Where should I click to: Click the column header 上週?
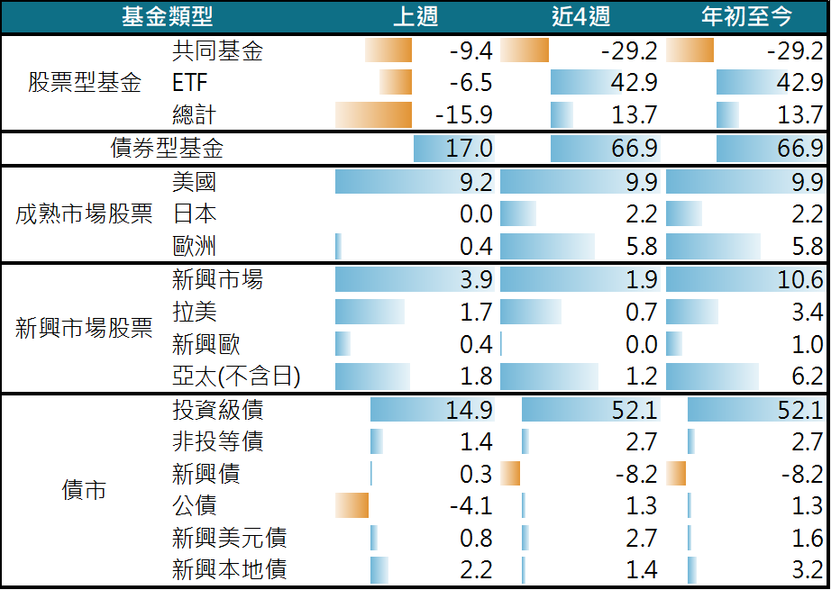tap(415, 16)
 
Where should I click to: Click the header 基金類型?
tap(167, 16)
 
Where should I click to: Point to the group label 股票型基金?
tap(85, 84)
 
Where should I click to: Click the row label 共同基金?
tap(217, 51)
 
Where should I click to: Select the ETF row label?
tap(189, 84)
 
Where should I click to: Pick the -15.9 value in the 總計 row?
tap(463, 115)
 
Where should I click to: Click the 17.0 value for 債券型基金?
tap(470, 149)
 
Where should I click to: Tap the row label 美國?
tap(194, 182)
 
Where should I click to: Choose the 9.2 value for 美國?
tap(475, 183)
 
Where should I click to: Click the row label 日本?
tap(194, 214)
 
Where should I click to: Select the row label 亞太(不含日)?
tap(235, 377)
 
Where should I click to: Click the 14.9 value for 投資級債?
tap(470, 411)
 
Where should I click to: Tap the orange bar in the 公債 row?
tap(352, 506)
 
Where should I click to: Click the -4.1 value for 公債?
tap(470, 506)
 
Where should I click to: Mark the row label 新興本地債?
tap(229, 570)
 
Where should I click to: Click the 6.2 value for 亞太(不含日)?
tap(806, 377)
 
